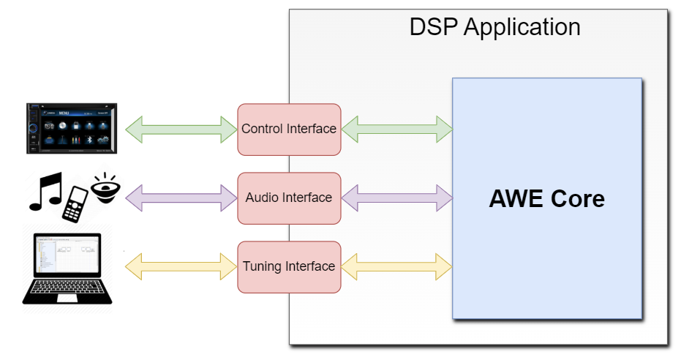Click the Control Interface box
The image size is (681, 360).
coord(289,130)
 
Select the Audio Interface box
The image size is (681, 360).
coord(289,198)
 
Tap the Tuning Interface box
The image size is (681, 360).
coord(289,266)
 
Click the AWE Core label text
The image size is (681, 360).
coord(546,198)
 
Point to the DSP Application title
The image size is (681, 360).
coord(494,27)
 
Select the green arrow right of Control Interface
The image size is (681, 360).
coord(396,129)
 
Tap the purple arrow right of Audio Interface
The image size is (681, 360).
coord(396,197)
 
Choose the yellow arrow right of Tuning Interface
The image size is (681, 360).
coord(396,266)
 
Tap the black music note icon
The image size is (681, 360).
coord(45,192)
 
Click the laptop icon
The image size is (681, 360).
coord(67,269)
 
